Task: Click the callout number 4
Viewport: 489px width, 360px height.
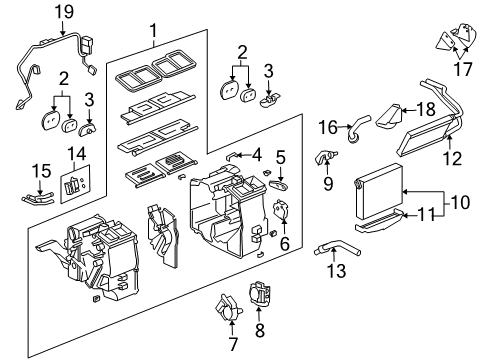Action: point(257,154)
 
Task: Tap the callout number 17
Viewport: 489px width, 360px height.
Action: point(462,72)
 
